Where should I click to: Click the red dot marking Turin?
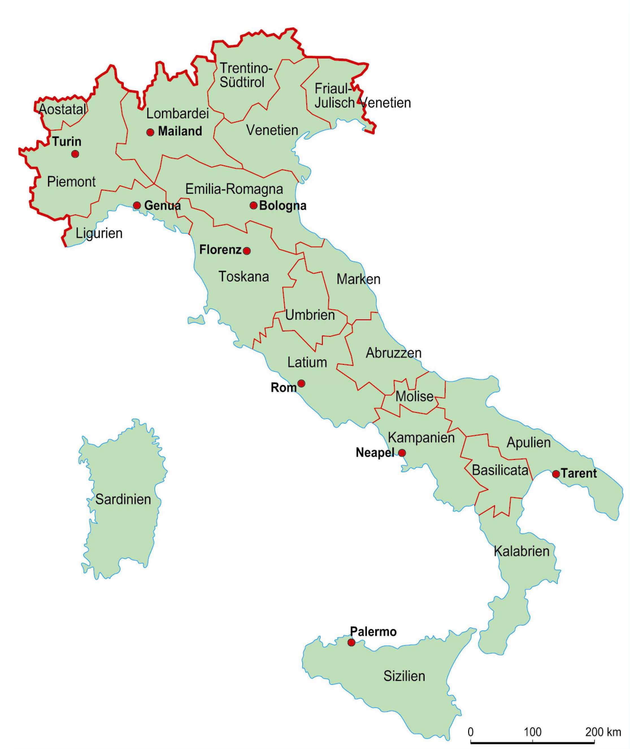(x=75, y=154)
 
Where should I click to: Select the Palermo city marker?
(x=351, y=642)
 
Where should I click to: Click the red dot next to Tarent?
(x=556, y=474)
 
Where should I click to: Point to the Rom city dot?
(x=301, y=383)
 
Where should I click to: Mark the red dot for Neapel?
(x=402, y=453)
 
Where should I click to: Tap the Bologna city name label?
(x=283, y=206)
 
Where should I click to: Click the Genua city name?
(x=162, y=206)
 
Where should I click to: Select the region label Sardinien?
(x=123, y=499)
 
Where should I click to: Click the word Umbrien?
(x=310, y=315)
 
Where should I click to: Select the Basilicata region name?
(x=500, y=470)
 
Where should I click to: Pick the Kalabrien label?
(x=522, y=551)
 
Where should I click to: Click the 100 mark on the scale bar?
(x=532, y=732)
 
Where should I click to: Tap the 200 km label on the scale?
(x=603, y=732)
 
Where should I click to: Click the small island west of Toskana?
(x=196, y=320)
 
